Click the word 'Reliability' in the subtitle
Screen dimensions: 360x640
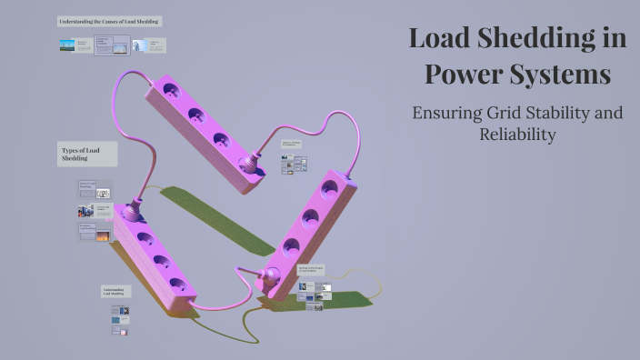coord(517,135)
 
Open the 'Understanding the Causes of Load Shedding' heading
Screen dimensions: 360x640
coord(109,21)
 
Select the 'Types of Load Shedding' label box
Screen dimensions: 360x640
coord(87,154)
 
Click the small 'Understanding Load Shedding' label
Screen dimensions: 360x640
coord(115,292)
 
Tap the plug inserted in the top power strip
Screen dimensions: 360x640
coord(245,165)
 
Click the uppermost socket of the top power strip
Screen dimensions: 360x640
coord(169,92)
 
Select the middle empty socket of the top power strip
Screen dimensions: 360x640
coord(195,116)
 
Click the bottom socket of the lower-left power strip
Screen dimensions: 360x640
coord(178,285)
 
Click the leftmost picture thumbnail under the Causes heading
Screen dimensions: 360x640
coord(67,45)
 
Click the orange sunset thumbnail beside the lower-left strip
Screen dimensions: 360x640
coord(103,235)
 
